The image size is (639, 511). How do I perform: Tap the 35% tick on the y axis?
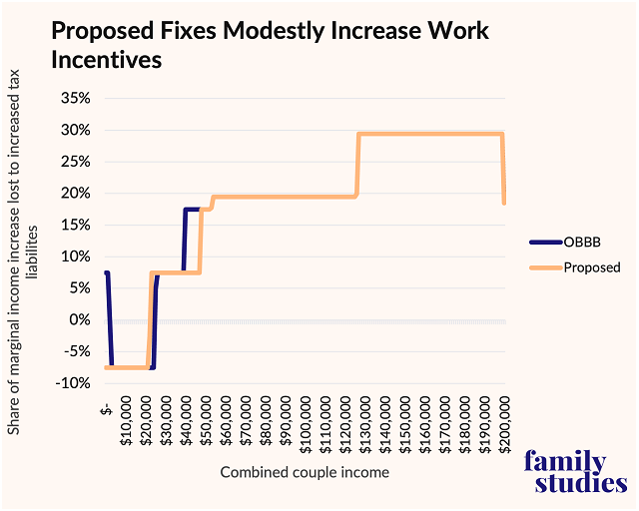(x=77, y=98)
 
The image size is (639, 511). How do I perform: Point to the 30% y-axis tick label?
(x=77, y=130)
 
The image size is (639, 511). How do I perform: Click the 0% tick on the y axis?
(x=81, y=319)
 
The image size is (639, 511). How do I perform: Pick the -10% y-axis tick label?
(x=75, y=383)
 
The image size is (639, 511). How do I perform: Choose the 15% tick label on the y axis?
(x=77, y=225)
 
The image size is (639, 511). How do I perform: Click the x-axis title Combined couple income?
(x=305, y=472)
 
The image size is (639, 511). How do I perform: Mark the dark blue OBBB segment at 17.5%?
(x=192, y=209)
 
